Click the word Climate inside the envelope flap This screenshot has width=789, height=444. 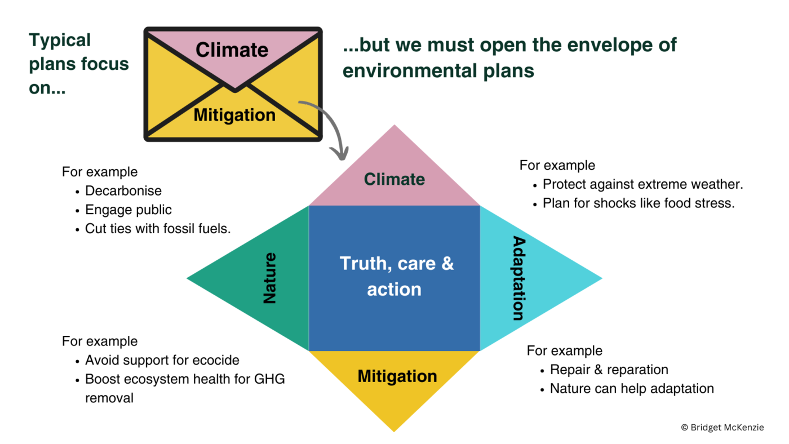tap(232, 50)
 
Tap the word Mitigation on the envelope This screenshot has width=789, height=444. tap(234, 116)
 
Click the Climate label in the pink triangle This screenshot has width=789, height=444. tap(394, 180)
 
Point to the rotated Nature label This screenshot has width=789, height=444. tap(270, 278)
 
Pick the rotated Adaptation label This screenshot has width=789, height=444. tap(518, 278)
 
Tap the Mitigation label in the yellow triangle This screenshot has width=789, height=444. tap(397, 376)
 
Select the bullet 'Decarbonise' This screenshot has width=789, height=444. tap(123, 191)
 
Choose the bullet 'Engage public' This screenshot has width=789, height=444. tap(128, 210)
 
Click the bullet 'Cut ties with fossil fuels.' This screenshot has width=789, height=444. tap(158, 229)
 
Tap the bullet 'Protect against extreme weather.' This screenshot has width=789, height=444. tap(643, 184)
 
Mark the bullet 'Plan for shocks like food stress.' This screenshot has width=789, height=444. tap(639, 203)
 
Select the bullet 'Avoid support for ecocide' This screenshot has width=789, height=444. tap(162, 361)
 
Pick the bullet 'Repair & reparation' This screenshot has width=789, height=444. tap(609, 370)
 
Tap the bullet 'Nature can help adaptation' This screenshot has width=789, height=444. tap(632, 389)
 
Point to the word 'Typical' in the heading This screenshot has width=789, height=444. tap(60, 41)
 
